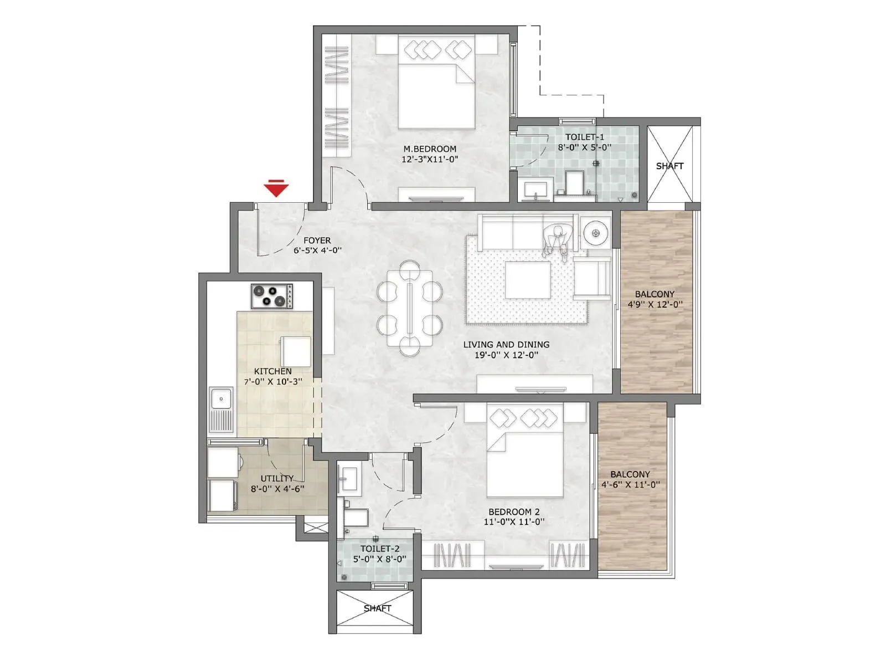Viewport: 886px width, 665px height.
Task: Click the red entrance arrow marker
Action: pyautogui.click(x=276, y=188)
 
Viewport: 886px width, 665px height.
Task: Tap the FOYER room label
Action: pyautogui.click(x=317, y=241)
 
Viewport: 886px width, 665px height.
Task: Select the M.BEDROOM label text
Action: pyautogui.click(x=430, y=149)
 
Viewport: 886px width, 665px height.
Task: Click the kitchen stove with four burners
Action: pyautogui.click(x=272, y=296)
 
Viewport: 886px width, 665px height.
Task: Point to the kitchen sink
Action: pyautogui.click(x=221, y=410)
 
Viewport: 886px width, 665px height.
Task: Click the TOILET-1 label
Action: pyautogui.click(x=584, y=137)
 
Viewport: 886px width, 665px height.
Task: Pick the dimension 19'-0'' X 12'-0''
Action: pyautogui.click(x=506, y=355)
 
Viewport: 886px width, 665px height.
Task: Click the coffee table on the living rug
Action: pyautogui.click(x=528, y=280)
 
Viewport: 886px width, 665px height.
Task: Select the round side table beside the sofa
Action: pyautogui.click(x=596, y=233)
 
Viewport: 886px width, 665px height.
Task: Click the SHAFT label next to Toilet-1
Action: pyautogui.click(x=669, y=166)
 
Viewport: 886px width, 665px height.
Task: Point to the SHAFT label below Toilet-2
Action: pyautogui.click(x=378, y=608)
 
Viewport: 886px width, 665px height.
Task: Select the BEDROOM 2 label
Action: pyautogui.click(x=514, y=511)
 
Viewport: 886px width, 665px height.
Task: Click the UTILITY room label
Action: pyautogui.click(x=276, y=478)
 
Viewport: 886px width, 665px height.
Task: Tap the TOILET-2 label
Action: pyautogui.click(x=380, y=549)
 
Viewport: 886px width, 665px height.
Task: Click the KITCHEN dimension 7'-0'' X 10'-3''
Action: pyautogui.click(x=273, y=382)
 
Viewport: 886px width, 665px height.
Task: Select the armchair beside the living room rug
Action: pyautogui.click(x=591, y=279)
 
